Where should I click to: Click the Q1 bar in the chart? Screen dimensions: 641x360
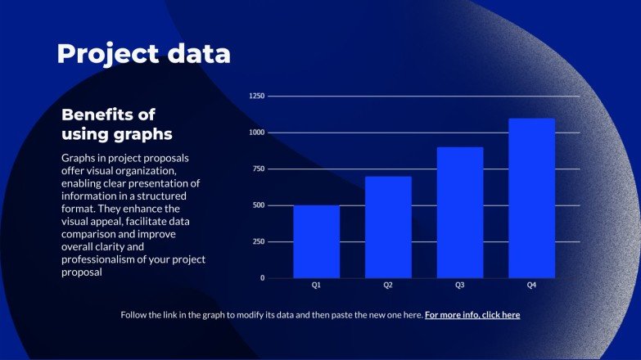317,241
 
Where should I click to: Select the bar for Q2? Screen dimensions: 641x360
388,227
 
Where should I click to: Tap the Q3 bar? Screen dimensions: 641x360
460,213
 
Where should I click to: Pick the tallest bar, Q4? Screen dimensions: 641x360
531,198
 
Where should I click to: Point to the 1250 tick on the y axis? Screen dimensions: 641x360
257,96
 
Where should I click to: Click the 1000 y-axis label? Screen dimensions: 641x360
257,133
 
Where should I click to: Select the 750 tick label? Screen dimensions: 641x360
259,169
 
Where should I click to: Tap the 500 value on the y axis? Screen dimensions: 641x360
259,205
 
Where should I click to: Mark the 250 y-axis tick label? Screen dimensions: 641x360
259,241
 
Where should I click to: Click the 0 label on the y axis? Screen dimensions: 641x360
263,278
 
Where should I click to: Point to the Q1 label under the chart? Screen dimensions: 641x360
317,286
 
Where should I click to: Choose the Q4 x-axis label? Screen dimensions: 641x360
531,286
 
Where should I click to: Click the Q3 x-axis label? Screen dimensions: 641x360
460,286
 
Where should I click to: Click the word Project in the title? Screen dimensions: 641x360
108,54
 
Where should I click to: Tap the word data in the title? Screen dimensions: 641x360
199,53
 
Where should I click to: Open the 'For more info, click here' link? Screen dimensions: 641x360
472,315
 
